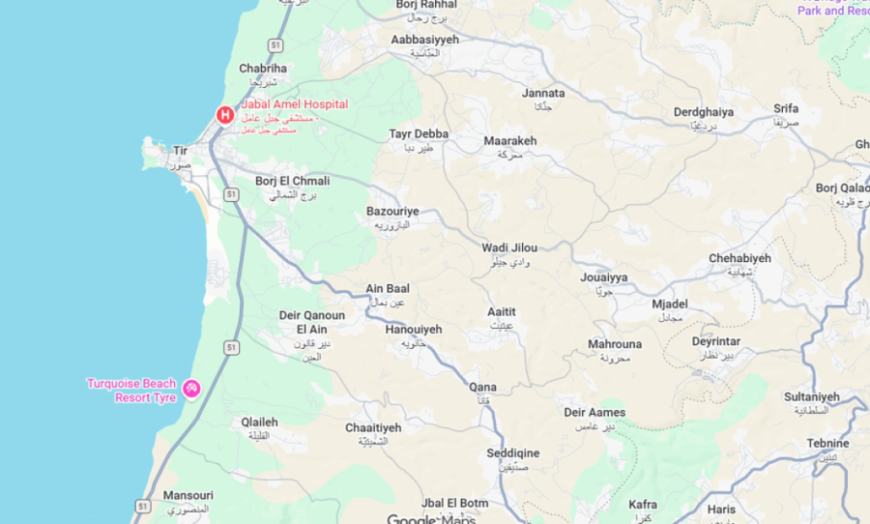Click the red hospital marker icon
tap(224, 115)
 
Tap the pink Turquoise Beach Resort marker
tap(191, 390)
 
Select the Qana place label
tap(482, 388)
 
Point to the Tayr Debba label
tap(419, 134)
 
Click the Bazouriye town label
tap(392, 211)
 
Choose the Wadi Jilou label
tap(509, 248)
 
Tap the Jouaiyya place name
tap(604, 277)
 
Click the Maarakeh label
tap(509, 141)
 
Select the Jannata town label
tap(543, 94)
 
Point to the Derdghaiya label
tap(704, 112)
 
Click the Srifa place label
tap(786, 109)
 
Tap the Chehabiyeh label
tap(739, 258)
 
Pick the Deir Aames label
tap(594, 413)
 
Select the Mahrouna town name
tap(614, 344)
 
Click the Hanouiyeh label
tap(413, 330)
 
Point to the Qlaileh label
tap(259, 422)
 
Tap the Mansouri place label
tap(188, 496)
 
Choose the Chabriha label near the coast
tap(263, 69)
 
